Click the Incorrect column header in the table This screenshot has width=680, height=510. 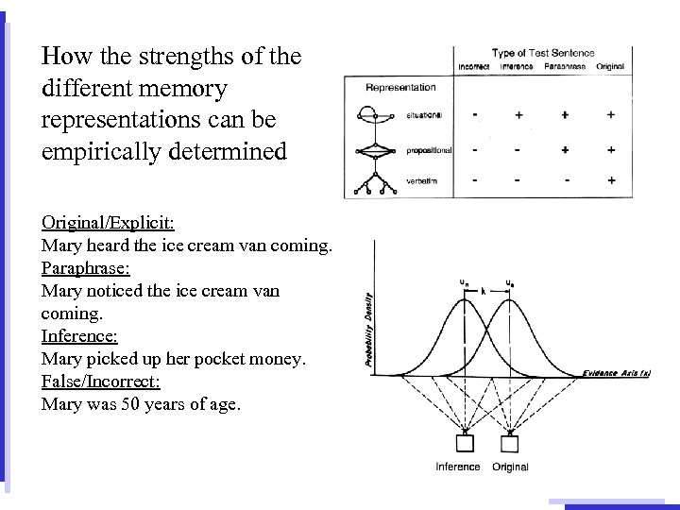(x=473, y=67)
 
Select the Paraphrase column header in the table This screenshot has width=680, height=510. (x=564, y=67)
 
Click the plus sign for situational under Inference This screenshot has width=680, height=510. (x=519, y=115)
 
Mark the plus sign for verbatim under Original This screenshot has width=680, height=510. (x=611, y=179)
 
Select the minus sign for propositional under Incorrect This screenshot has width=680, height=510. (x=474, y=149)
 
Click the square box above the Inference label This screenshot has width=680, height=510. (x=465, y=443)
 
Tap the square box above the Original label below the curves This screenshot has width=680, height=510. (x=510, y=443)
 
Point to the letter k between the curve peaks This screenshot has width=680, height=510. (x=484, y=292)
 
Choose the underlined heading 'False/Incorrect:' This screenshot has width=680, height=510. (x=101, y=382)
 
